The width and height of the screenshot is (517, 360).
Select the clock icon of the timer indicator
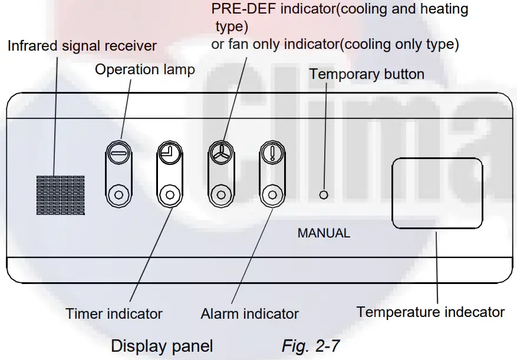170,153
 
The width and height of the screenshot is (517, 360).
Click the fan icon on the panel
220,152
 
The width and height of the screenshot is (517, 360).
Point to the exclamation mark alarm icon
272,152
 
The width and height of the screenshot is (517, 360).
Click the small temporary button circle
323,194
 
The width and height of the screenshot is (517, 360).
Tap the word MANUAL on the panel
324,233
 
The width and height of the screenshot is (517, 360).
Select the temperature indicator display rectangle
437,193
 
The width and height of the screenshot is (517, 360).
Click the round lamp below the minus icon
118,194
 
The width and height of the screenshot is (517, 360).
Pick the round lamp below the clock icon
170,194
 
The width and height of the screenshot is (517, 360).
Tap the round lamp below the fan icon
220,194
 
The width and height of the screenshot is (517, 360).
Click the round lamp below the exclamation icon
272,194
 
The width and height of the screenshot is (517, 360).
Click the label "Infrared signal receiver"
82,45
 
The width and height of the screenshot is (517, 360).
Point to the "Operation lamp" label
145,70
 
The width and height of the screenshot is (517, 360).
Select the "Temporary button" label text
367,74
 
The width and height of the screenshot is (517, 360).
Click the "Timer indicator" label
114,313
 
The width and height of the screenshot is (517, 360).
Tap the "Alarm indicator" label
249,314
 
